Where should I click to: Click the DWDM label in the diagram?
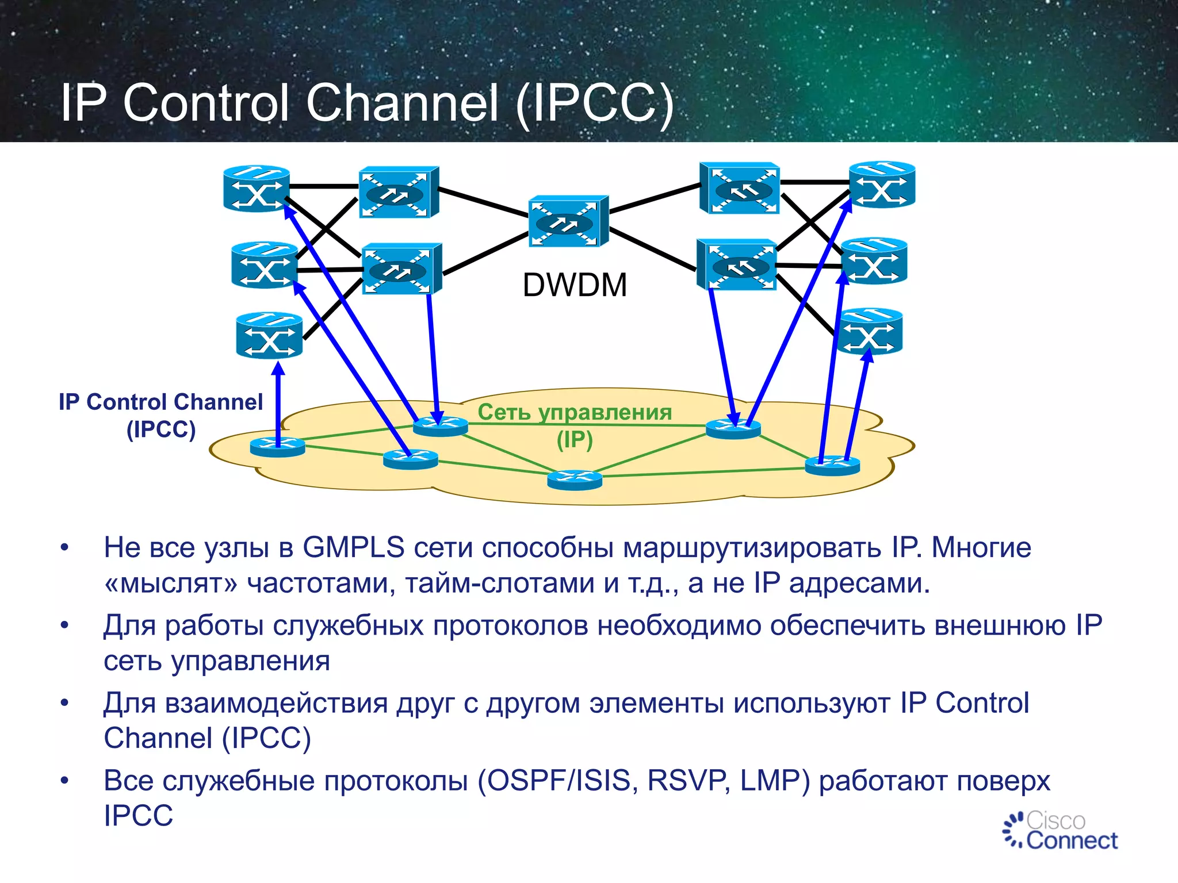click(574, 285)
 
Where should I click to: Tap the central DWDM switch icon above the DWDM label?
click(567, 221)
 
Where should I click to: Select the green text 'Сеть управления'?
click(574, 412)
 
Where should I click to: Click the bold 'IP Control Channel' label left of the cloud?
click(160, 402)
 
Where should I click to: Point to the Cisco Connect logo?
click(1060, 831)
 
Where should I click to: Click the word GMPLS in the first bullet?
click(353, 548)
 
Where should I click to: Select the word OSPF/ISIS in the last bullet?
click(558, 781)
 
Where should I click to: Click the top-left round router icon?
click(256, 189)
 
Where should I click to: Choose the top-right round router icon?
click(882, 185)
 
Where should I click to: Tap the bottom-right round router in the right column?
click(869, 331)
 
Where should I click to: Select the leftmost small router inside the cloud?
click(278, 446)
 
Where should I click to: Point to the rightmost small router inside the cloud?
click(832, 464)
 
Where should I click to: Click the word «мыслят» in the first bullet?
click(171, 583)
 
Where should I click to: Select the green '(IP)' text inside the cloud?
click(574, 440)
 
